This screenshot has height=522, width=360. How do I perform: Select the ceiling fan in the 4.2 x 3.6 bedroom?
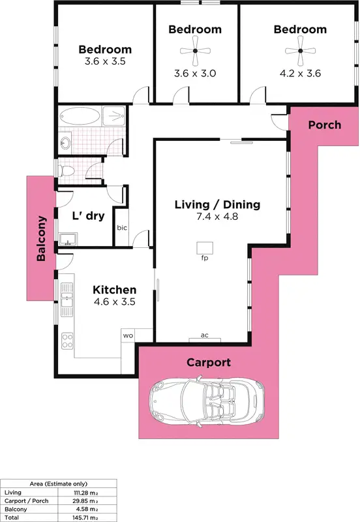tap(300, 50)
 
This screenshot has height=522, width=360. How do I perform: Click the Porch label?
tap(324, 125)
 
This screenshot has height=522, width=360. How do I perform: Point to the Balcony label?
tap(41, 239)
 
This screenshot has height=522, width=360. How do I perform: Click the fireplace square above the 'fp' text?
tap(205, 247)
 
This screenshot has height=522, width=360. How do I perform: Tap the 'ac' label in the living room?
tap(204, 335)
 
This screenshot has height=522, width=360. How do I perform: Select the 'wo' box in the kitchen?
tap(128, 335)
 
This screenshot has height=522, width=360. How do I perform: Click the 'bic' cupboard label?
tap(122, 228)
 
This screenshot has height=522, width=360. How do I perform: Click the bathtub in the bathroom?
tap(80, 117)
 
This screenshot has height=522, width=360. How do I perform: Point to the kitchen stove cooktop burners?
tap(67, 339)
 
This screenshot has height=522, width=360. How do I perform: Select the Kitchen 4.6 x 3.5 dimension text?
tap(114, 303)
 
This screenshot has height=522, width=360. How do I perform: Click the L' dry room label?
tap(88, 217)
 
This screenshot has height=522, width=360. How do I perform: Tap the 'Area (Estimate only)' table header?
tap(58, 484)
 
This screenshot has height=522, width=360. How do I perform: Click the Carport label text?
tap(209, 362)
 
